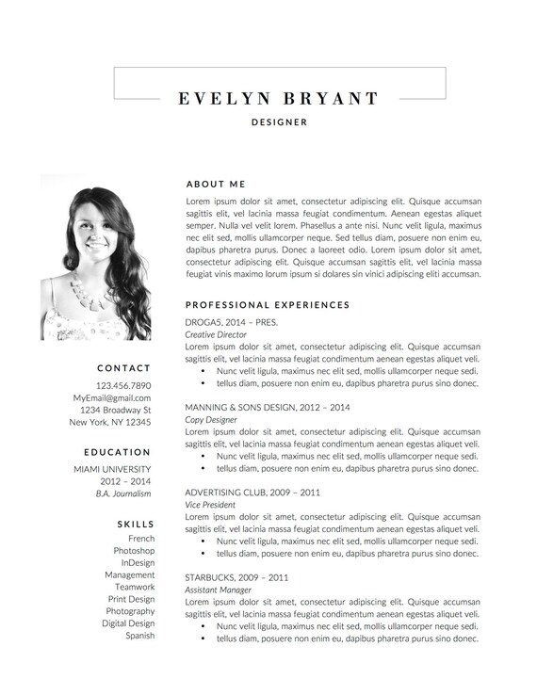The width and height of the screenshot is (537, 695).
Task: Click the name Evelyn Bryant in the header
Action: [x=279, y=98]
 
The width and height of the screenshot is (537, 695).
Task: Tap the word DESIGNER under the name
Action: [x=279, y=122]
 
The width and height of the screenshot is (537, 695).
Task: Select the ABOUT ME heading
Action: [x=216, y=185]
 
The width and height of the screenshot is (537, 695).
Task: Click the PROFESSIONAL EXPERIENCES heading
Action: [x=268, y=305]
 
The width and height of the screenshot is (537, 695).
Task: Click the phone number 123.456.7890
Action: [x=123, y=386]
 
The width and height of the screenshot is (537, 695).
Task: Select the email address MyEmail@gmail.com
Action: [x=112, y=398]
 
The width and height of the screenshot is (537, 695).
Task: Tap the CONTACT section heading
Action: [x=123, y=368]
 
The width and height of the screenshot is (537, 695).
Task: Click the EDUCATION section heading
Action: [x=117, y=452]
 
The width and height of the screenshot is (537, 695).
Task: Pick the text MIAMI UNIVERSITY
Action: [x=112, y=469]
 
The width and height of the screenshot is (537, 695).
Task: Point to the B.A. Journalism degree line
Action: [x=123, y=493]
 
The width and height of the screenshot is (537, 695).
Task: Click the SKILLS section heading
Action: [x=136, y=524]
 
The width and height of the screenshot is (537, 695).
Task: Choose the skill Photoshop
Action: [x=134, y=551]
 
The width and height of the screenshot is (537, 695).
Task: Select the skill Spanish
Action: [x=140, y=636]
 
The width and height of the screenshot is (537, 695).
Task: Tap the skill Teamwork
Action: [x=135, y=587]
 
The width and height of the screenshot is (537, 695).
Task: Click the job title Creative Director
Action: [x=216, y=334]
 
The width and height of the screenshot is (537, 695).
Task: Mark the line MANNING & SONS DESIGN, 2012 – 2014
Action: [x=268, y=407]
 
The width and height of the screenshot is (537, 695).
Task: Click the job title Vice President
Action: [x=210, y=505]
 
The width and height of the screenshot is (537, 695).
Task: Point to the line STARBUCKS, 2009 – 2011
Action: [x=236, y=577]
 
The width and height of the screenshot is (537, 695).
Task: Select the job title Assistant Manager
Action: [x=219, y=590]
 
